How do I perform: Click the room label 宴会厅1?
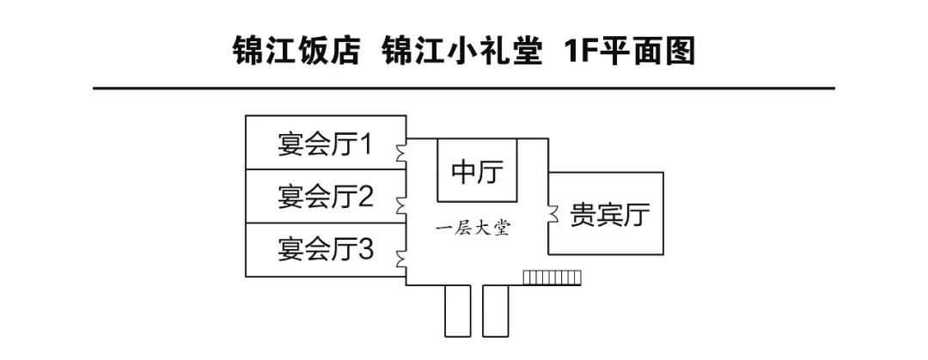(324, 144)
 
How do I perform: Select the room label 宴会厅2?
(325, 198)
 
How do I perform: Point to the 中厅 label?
(478, 171)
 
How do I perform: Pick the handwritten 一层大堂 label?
(473, 229)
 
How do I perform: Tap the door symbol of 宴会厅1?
(401, 152)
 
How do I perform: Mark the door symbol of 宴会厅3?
(401, 259)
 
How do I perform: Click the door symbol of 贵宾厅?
(553, 211)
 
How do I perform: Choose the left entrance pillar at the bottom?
(455, 310)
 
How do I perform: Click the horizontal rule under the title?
(464, 88)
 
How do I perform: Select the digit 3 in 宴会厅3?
(365, 251)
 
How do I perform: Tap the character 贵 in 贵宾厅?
(583, 215)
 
